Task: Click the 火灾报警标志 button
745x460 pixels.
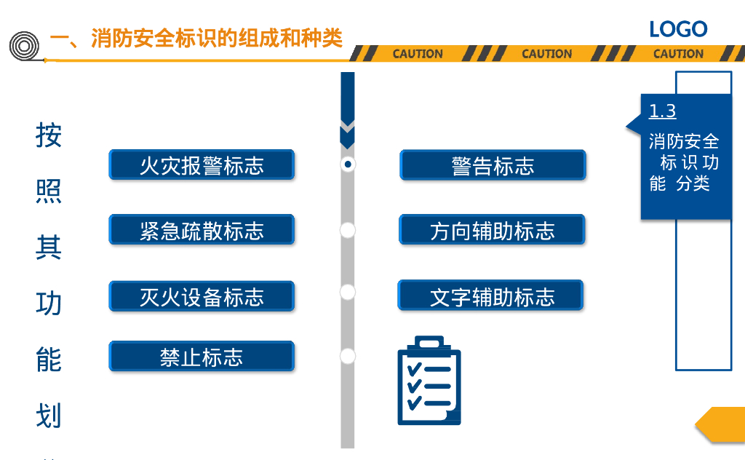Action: pos(202,165)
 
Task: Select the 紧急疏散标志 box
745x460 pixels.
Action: pos(202,230)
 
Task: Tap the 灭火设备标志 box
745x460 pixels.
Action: pos(202,296)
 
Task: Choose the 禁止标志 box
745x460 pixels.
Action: pos(202,357)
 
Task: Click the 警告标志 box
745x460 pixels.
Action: pos(493,165)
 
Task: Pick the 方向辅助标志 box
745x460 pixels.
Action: pos(492,230)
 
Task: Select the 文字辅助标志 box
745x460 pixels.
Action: pos(491,296)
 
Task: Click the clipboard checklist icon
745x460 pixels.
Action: pos(429,381)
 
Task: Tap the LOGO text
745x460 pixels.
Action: pos(678,29)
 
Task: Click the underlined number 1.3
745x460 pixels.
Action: pos(662,111)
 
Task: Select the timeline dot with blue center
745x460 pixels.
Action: pos(348,164)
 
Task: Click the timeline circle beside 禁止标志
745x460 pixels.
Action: pos(348,357)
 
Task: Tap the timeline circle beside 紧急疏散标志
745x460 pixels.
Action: pos(348,230)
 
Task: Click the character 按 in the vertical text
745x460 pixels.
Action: pos(49,135)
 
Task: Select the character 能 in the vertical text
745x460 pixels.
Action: pos(49,360)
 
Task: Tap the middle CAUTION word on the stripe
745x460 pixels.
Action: pos(547,54)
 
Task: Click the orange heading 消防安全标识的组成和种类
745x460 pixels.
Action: pos(216,38)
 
